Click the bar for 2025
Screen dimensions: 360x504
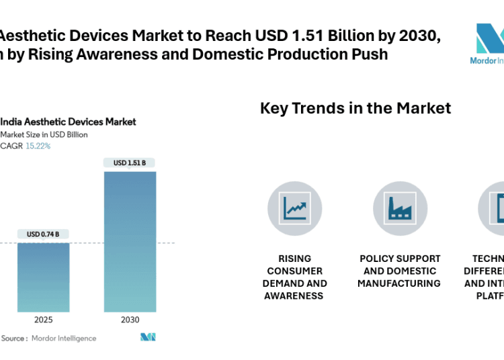43,277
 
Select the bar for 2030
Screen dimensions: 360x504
130,241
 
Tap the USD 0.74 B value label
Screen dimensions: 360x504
43,234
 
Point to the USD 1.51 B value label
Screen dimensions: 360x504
130,163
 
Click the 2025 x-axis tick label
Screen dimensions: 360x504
43,320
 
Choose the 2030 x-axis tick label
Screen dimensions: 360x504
130,320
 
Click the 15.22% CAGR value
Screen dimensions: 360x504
38,146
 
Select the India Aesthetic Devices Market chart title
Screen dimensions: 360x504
68,122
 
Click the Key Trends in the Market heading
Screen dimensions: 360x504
355,108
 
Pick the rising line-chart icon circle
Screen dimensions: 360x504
295,209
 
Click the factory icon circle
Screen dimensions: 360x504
400,209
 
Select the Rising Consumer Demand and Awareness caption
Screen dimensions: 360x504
295,277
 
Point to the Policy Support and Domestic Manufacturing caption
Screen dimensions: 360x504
400,271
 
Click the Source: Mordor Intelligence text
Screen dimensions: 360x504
48,339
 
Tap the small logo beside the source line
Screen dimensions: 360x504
148,337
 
